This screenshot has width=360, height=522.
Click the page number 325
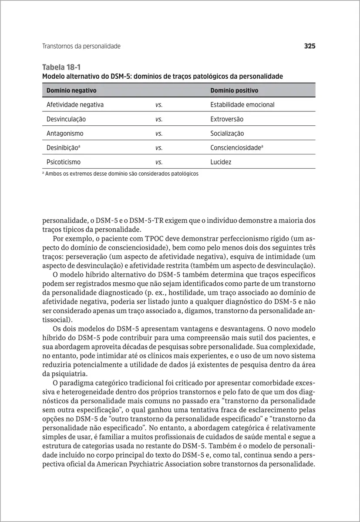(309, 46)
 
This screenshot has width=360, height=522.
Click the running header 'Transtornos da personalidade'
(81, 46)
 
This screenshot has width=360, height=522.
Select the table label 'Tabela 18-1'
(61, 67)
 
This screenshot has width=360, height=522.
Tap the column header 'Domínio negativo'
(71, 90)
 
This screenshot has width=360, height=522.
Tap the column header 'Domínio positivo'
(234, 90)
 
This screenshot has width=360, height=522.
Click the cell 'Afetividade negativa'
(75, 105)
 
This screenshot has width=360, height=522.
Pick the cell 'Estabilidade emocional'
(242, 105)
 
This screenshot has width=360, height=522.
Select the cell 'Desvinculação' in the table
(66, 119)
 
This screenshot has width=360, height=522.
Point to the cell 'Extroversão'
(227, 119)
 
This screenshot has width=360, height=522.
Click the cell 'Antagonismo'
(65, 134)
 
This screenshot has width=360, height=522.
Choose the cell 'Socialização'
(227, 134)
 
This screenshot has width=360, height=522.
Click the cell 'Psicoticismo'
(64, 162)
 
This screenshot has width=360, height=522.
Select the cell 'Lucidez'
(221, 162)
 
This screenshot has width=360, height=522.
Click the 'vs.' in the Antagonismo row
(159, 134)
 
